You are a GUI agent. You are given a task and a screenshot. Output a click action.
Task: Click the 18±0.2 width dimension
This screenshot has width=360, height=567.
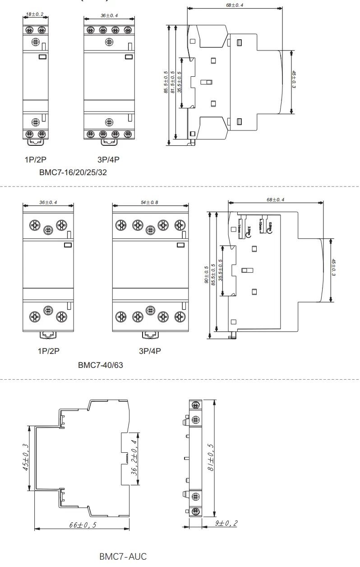click(x=35, y=14)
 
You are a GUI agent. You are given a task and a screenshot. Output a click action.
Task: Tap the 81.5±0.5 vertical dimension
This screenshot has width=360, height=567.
click(x=172, y=82)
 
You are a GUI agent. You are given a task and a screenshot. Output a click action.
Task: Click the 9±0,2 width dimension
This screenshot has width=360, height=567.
click(x=226, y=523)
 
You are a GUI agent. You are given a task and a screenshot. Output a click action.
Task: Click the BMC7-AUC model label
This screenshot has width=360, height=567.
click(x=123, y=556)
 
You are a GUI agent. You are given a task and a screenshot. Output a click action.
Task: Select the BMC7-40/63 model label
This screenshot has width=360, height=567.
click(x=100, y=365)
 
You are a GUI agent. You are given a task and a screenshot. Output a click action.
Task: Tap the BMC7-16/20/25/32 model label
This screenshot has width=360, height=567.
click(x=73, y=172)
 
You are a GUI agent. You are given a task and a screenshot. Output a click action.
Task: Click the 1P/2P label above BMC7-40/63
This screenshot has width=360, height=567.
click(x=48, y=351)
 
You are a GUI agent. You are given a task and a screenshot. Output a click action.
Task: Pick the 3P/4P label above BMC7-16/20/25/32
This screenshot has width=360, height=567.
click(x=108, y=159)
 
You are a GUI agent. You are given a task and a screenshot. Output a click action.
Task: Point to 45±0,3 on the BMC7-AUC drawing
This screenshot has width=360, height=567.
click(x=27, y=457)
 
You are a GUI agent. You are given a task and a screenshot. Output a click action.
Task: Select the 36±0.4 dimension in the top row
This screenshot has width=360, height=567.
click(x=108, y=15)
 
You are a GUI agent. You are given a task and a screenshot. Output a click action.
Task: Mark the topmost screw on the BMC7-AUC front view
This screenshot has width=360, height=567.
click(x=195, y=404)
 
